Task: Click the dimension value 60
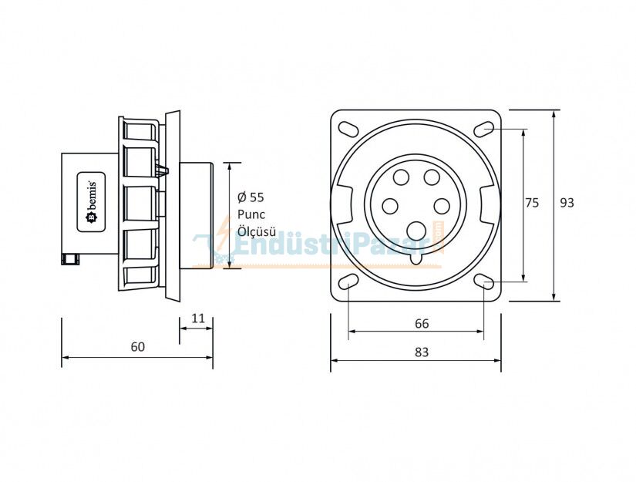click(137, 347)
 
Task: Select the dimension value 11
click(197, 318)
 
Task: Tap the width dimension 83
click(422, 352)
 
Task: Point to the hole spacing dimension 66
click(422, 324)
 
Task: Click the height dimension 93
click(567, 203)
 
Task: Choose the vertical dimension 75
click(532, 203)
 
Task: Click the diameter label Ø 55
click(251, 197)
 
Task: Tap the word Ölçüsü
click(256, 231)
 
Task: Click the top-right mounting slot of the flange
click(485, 128)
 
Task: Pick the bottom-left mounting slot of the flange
click(348, 281)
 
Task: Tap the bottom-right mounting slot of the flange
click(485, 281)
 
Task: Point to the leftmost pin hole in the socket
click(391, 206)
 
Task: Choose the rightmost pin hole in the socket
click(442, 206)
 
